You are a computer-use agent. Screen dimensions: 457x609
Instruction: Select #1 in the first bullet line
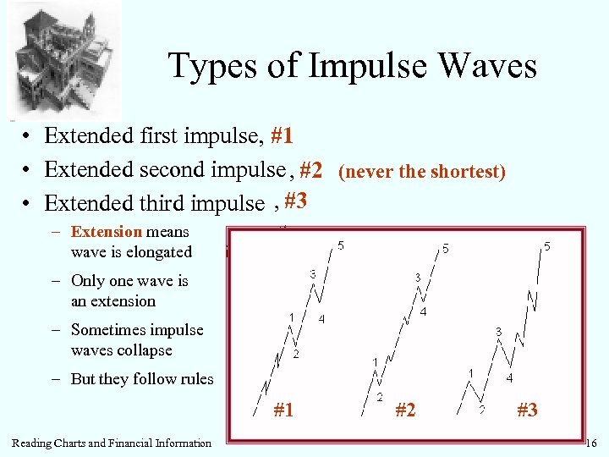coord(282,136)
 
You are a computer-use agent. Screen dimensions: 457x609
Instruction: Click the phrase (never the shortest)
coord(421,172)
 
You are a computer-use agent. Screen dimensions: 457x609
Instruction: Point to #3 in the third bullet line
coord(294,201)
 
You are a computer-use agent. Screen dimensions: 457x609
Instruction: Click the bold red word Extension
coord(107,231)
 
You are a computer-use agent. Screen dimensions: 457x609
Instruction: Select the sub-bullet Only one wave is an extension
coord(129,290)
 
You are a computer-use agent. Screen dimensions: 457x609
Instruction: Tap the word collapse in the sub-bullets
coord(145,350)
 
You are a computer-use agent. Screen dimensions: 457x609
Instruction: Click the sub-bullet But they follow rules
coord(141,379)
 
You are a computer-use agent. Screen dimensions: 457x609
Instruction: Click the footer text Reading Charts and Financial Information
coord(112,443)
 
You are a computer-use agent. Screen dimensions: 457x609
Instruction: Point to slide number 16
coord(590,443)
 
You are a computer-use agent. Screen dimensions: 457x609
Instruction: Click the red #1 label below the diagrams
coord(283,410)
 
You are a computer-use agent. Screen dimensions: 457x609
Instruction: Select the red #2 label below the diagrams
coord(406,410)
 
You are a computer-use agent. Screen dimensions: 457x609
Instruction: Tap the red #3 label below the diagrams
coord(526,410)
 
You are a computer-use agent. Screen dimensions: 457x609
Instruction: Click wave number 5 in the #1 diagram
coord(341,245)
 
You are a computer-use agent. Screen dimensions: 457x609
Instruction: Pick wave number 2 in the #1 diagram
coord(295,354)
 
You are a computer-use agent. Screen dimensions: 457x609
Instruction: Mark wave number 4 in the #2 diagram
coord(423,311)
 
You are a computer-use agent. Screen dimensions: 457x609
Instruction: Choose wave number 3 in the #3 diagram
coord(498,332)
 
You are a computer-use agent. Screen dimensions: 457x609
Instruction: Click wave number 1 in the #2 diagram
coord(375,361)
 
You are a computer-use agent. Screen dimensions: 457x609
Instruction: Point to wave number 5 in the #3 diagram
coord(547,246)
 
